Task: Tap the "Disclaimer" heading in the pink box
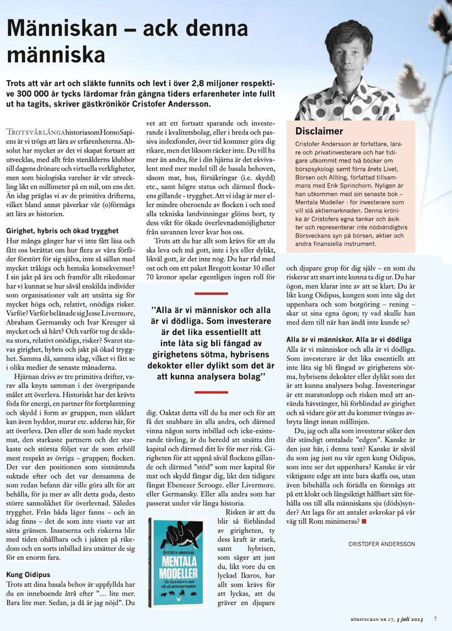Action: point(319,131)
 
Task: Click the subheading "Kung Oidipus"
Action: point(28,574)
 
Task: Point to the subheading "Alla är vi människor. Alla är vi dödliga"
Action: point(348,339)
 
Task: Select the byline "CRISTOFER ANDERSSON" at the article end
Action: point(381,544)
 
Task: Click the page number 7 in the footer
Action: point(435,618)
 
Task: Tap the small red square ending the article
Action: point(364,520)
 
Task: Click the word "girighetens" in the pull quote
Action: point(185,354)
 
